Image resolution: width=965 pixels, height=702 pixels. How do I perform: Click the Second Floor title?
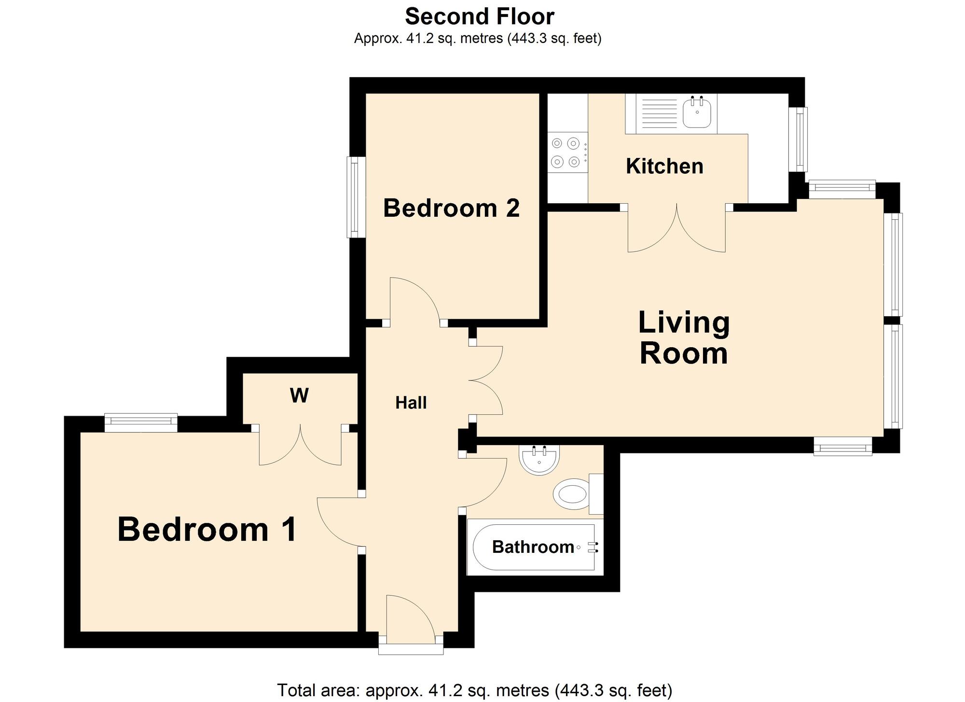tap(479, 17)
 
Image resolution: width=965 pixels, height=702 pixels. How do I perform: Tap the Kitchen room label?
tap(664, 167)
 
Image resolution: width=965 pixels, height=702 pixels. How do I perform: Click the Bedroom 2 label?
tap(451, 209)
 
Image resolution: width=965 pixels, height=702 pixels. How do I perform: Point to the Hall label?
tap(411, 403)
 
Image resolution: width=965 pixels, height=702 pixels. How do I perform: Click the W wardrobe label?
tap(299, 396)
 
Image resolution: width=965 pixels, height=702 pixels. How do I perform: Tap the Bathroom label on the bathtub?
tap(533, 547)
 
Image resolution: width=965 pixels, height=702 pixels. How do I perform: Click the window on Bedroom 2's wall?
tap(355, 197)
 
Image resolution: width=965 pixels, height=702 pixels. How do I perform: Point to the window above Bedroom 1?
tap(141, 422)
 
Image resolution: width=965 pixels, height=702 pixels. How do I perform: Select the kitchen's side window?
tap(801, 139)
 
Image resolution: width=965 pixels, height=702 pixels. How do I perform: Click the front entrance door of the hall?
tap(411, 620)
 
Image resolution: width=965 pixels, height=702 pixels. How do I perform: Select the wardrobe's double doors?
tap(300, 447)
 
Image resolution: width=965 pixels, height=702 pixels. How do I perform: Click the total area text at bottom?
tap(474, 690)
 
